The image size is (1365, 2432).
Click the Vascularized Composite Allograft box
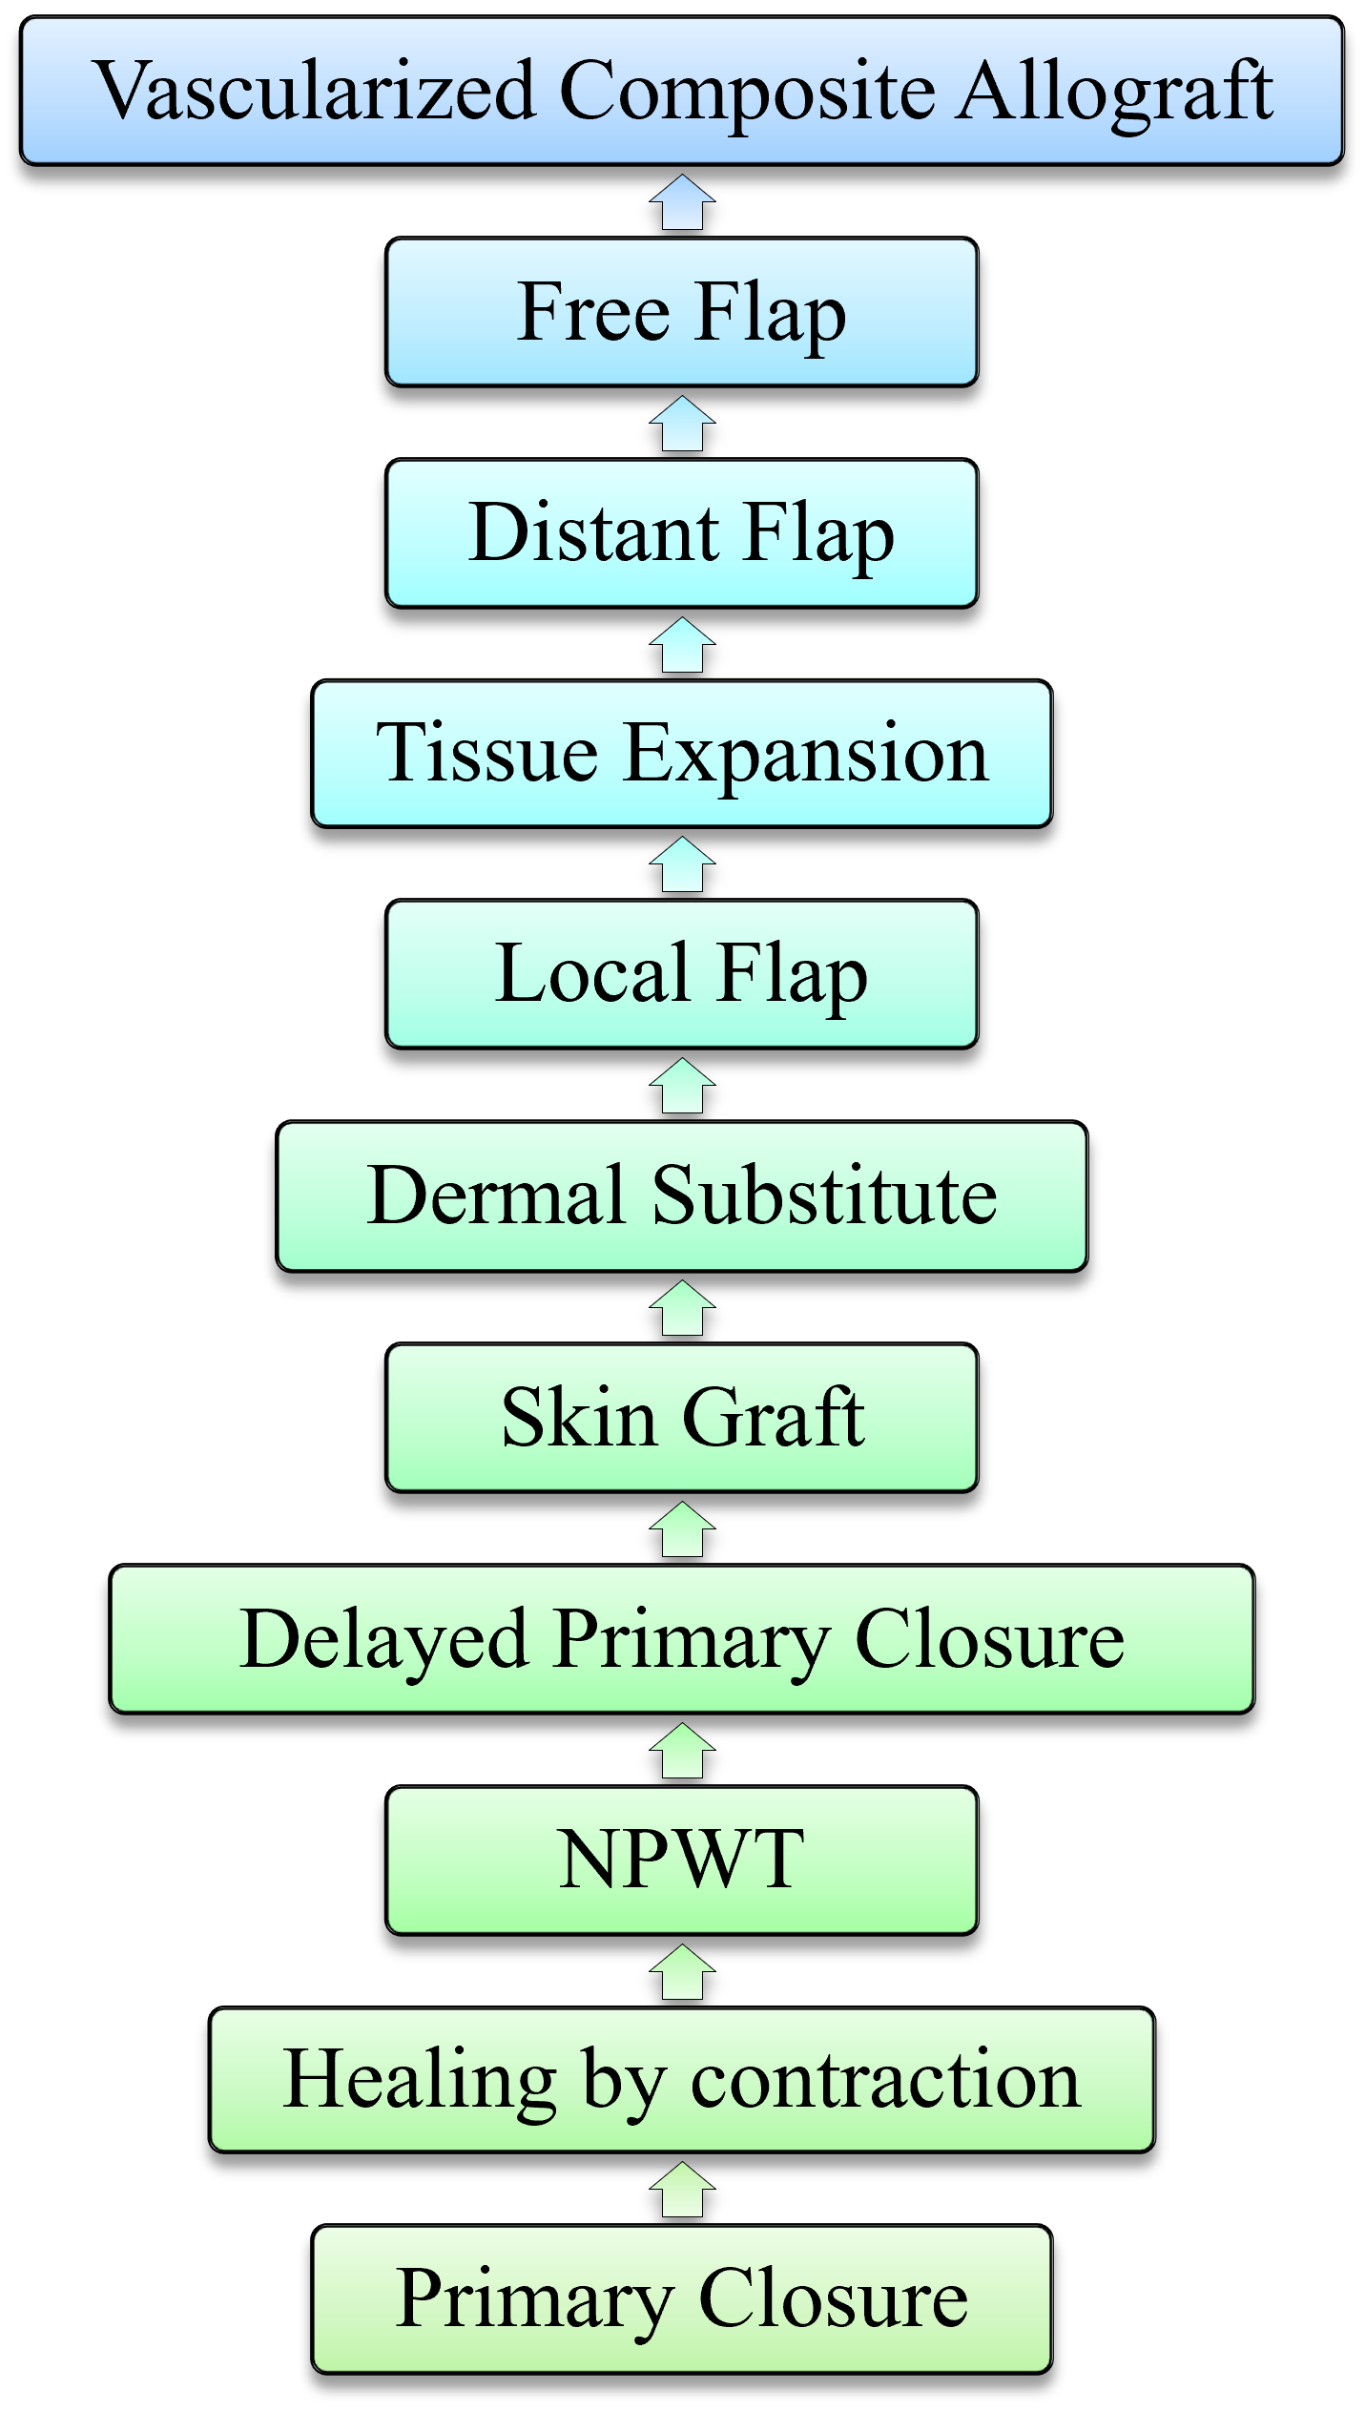coord(682,91)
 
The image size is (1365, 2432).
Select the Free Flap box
coord(682,312)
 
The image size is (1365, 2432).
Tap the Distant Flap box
coord(682,532)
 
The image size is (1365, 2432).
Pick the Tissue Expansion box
coord(682,753)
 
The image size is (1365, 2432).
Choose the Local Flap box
coord(682,974)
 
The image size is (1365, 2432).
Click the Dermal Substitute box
coord(682,1195)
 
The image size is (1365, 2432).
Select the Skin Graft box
coord(682,1417)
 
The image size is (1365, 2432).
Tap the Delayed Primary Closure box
coord(682,1638)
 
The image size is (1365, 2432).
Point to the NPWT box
coord(682,1860)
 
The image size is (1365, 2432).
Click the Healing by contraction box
coord(682,2080)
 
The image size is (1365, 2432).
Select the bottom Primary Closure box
coord(682,2299)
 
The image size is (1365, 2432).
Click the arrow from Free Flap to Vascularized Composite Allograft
coord(682,202)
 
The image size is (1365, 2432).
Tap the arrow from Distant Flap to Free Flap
coord(682,424)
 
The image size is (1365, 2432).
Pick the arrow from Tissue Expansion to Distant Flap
coord(682,645)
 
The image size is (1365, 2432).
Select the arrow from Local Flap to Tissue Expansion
coord(682,864)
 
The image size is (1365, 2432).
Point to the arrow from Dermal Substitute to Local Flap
coord(682,1086)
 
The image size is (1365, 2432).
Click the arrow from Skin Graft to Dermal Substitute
coord(682,1307)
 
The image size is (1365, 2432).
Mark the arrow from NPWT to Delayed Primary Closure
coord(682,1750)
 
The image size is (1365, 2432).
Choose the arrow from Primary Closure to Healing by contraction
coord(682,2190)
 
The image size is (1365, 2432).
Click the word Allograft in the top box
coord(1115,93)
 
